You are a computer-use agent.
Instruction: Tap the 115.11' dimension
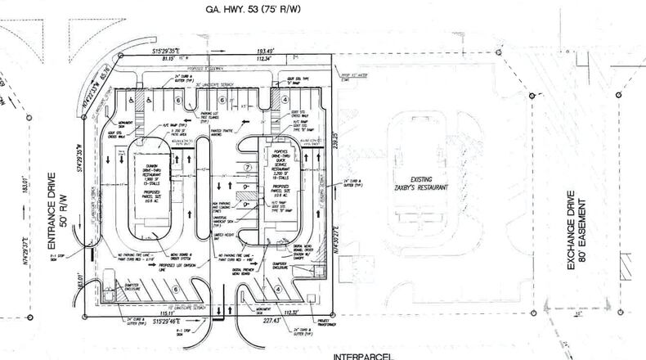167,313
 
